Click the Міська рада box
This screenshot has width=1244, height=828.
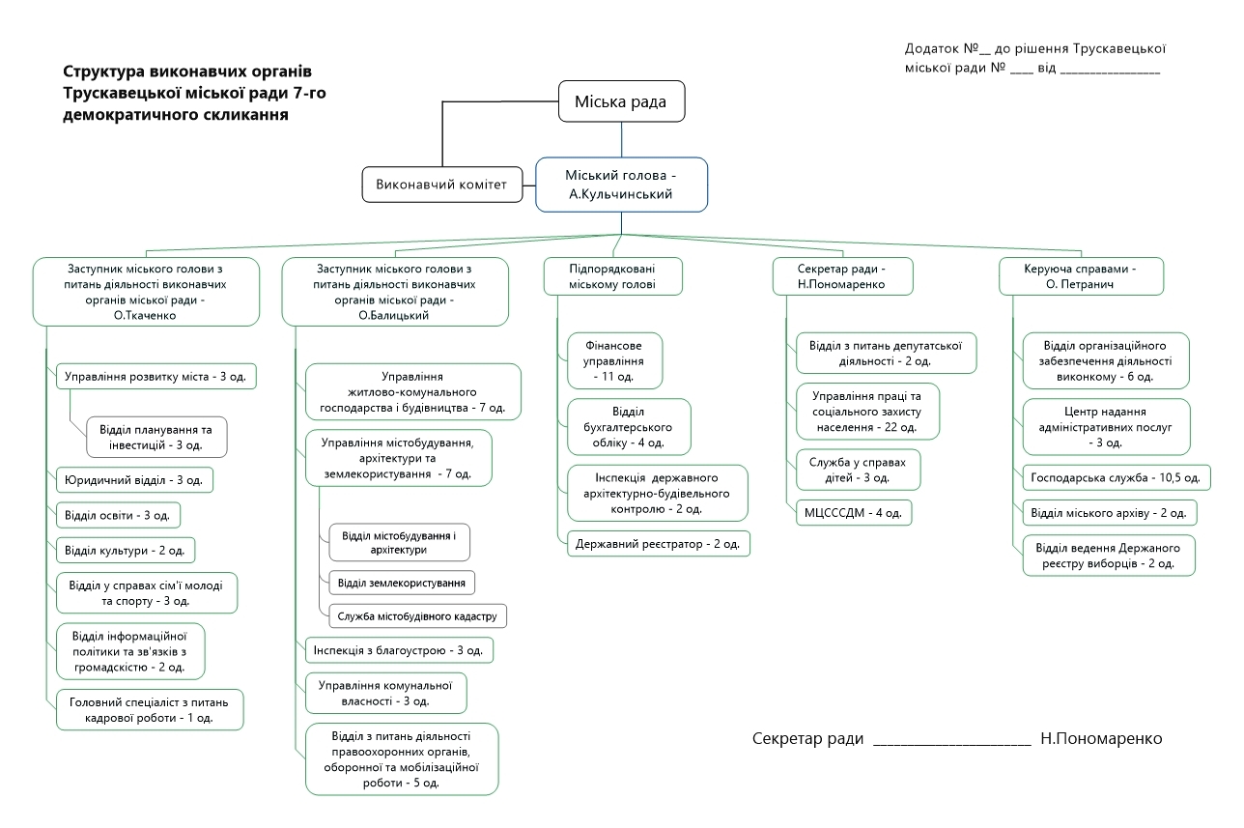tap(621, 101)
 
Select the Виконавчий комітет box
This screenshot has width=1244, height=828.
tap(440, 185)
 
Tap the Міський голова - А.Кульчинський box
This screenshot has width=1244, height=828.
tap(621, 185)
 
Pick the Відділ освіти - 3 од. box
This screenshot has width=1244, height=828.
tap(118, 515)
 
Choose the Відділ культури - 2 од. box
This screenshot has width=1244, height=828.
tap(126, 551)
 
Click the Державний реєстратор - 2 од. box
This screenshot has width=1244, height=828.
tap(659, 544)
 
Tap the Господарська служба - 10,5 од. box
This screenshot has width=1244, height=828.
tap(1116, 477)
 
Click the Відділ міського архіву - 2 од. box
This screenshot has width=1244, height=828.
tap(1110, 512)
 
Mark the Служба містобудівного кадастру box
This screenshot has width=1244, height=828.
tap(417, 615)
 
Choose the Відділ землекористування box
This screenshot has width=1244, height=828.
tap(402, 583)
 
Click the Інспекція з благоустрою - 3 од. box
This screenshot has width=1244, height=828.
tap(400, 650)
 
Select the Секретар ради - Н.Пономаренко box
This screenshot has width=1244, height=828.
tap(842, 276)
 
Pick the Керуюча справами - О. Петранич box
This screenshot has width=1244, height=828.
tap(1080, 276)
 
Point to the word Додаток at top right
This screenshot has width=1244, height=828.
tap(933, 48)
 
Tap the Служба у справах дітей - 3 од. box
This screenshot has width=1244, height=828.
tap(858, 471)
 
